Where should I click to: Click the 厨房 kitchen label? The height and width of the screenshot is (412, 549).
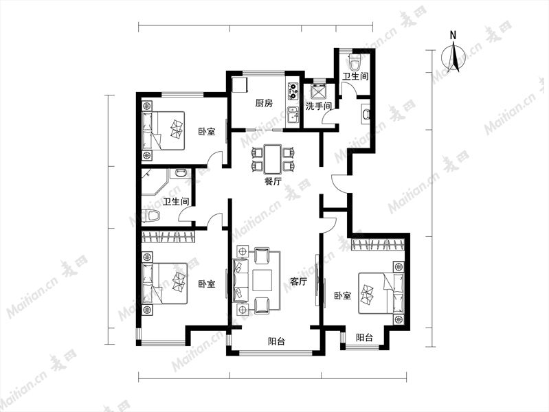click(264, 103)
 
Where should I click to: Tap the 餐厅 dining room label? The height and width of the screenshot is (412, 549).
click(273, 181)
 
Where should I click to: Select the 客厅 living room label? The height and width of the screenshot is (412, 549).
click(299, 281)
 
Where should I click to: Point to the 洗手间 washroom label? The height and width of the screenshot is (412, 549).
click(318, 106)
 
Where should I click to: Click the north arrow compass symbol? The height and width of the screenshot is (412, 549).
click(454, 57)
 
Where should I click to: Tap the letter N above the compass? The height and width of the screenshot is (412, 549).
click(453, 35)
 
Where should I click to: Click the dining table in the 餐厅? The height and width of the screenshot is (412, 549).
click(273, 159)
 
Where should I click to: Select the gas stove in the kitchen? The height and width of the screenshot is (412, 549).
click(293, 91)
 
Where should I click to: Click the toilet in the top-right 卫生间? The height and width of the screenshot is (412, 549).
click(355, 63)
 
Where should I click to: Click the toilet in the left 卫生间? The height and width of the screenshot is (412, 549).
click(150, 216)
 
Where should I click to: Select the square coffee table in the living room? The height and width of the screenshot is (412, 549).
click(262, 280)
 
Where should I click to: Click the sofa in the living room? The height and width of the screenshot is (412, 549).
click(240, 280)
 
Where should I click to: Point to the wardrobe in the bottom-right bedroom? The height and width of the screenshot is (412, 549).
click(378, 245)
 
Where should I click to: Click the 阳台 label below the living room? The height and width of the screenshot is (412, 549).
click(276, 341)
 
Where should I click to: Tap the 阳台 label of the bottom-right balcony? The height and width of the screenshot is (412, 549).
click(364, 338)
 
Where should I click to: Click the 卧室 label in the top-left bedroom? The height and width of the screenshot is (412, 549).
click(207, 132)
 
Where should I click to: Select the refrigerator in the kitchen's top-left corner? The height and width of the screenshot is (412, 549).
click(240, 85)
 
